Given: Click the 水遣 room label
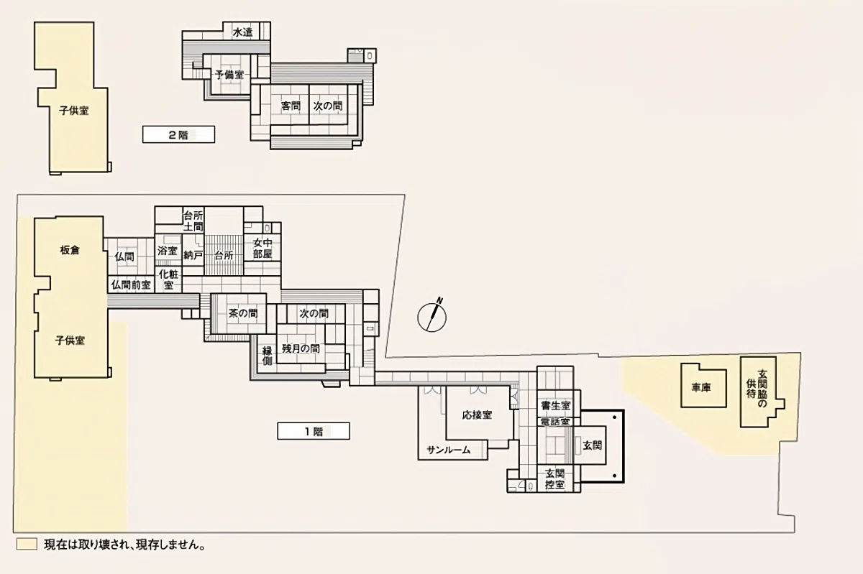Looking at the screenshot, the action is [x=243, y=33].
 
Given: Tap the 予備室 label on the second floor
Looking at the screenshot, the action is [x=229, y=75].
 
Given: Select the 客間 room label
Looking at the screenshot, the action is [x=291, y=106].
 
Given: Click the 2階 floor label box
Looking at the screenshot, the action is [x=179, y=135].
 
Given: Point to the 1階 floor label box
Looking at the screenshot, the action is [x=314, y=431].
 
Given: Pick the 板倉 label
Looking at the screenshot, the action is [x=70, y=250].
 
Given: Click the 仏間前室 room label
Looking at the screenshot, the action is [x=131, y=285].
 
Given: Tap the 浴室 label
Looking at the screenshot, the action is [x=167, y=251].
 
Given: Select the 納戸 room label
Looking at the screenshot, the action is [x=193, y=255].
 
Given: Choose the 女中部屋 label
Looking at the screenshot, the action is [x=262, y=249].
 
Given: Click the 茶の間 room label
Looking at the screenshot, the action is [x=243, y=313].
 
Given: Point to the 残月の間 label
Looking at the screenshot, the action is [x=301, y=349].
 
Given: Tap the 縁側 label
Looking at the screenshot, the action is [x=267, y=356].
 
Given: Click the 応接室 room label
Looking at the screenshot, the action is [x=477, y=415].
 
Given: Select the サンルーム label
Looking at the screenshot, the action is [x=449, y=450].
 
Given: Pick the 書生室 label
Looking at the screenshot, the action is [x=555, y=405].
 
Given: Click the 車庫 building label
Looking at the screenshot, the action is [x=700, y=388].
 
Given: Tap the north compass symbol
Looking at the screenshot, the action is [x=432, y=316].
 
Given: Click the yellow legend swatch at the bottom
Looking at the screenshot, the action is [x=27, y=544].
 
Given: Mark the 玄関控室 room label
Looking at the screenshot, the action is [x=555, y=479].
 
